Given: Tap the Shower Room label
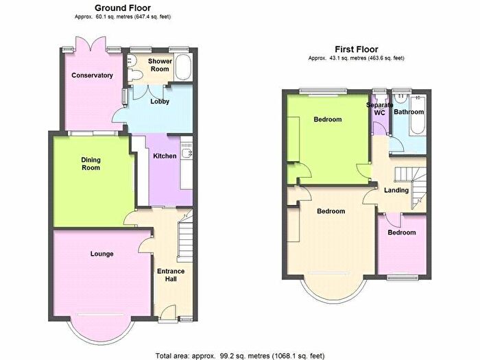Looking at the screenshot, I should (x=159, y=65).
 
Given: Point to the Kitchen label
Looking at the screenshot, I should (x=165, y=156).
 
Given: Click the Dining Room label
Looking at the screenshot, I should (x=91, y=163).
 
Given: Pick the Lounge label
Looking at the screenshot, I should (x=101, y=254).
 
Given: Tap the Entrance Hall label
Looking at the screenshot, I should (x=170, y=276).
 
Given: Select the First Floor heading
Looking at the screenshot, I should (x=357, y=49).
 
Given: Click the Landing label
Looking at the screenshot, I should (x=396, y=190).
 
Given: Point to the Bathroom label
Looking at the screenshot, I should (x=409, y=112).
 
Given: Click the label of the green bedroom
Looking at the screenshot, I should (x=328, y=120).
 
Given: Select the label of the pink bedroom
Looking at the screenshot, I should (x=401, y=232).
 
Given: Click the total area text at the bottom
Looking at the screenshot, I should (x=240, y=355).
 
